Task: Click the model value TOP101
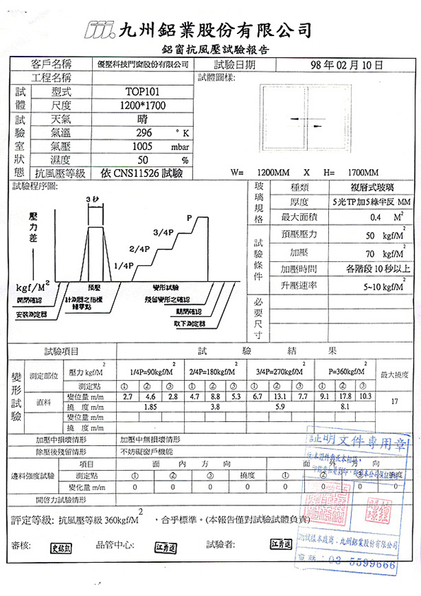pos(143,91)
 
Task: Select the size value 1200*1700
pos(143,105)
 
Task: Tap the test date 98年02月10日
pos(347,64)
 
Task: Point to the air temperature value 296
pos(144,132)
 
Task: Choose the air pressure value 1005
pos(143,146)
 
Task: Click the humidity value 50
pos(143,159)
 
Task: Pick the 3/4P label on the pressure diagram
pos(163,233)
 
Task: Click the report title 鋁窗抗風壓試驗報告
pos(214,50)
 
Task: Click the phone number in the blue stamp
pos(367,564)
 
